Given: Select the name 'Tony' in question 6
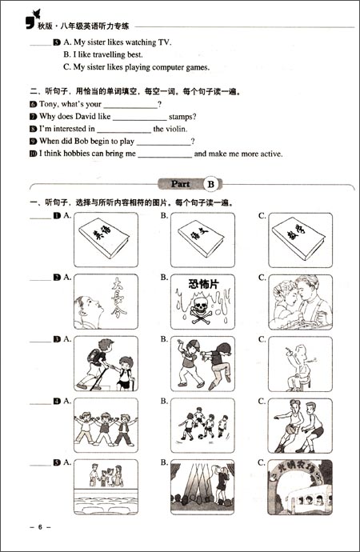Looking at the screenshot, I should click(x=52, y=104).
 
